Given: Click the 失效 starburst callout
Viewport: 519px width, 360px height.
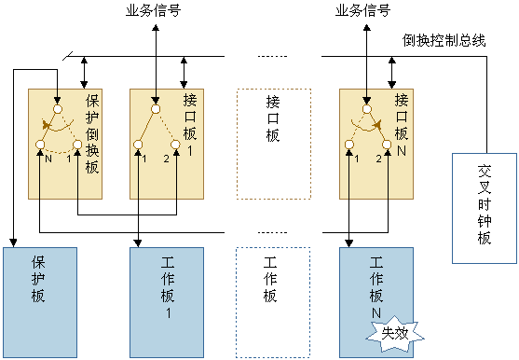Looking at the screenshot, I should tap(387, 333).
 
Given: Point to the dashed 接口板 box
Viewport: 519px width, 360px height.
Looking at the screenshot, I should tap(271, 144).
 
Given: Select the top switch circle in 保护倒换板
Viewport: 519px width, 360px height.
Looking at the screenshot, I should tap(57, 109).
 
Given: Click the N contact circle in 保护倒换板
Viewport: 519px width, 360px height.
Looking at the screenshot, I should tap(39, 144).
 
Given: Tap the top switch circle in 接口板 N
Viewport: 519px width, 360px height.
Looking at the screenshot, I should tap(366, 109).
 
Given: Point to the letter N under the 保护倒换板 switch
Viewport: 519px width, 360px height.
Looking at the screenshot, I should tap(47, 159).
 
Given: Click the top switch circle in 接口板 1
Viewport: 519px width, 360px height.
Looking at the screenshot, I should tap(156, 109).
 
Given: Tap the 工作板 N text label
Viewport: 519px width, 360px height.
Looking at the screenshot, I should tap(377, 286).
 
